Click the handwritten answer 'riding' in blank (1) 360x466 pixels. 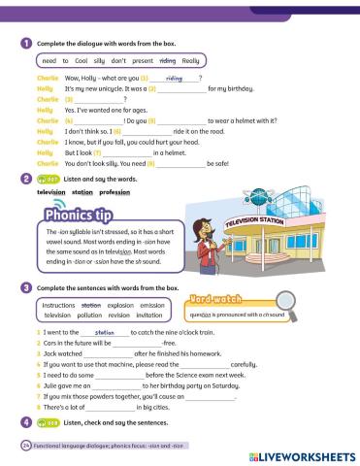tap(175, 78)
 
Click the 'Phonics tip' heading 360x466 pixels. tap(73, 215)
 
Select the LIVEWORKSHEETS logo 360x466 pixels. tap(302, 454)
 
